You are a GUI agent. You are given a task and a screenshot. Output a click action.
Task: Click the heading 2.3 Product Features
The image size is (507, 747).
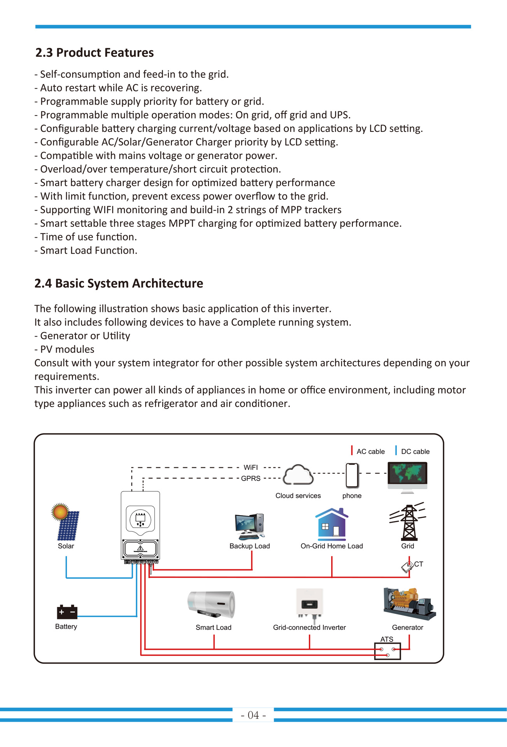(95, 53)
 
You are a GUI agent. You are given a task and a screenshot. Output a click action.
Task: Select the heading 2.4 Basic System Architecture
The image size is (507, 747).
(119, 283)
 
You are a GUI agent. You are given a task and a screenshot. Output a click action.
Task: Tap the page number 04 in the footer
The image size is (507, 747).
(253, 715)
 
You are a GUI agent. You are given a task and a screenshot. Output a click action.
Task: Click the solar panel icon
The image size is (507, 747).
(67, 522)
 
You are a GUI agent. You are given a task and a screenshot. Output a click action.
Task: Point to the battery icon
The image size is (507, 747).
(67, 612)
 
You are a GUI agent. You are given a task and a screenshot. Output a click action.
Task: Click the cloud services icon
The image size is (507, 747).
(298, 475)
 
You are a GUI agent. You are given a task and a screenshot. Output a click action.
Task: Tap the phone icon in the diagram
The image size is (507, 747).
(352, 475)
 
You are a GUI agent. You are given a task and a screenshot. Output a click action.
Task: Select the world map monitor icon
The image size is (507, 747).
(407, 477)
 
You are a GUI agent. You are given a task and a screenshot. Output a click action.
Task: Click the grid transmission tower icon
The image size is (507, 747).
(408, 522)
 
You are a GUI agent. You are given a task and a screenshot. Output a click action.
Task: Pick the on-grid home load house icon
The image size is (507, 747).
(332, 524)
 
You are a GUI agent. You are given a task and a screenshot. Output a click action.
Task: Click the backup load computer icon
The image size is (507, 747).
(250, 526)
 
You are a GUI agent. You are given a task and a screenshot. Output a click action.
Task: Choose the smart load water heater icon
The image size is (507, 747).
(212, 605)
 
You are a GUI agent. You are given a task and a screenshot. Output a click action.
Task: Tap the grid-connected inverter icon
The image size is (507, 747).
(310, 603)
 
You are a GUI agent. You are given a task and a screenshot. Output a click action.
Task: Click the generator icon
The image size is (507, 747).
(409, 604)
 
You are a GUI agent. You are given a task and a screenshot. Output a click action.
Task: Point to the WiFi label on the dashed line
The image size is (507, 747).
(251, 467)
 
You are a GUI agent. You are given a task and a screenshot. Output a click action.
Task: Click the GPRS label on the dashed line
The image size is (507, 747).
(251, 479)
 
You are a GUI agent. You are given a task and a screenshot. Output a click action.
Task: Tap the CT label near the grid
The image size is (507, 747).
(419, 564)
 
